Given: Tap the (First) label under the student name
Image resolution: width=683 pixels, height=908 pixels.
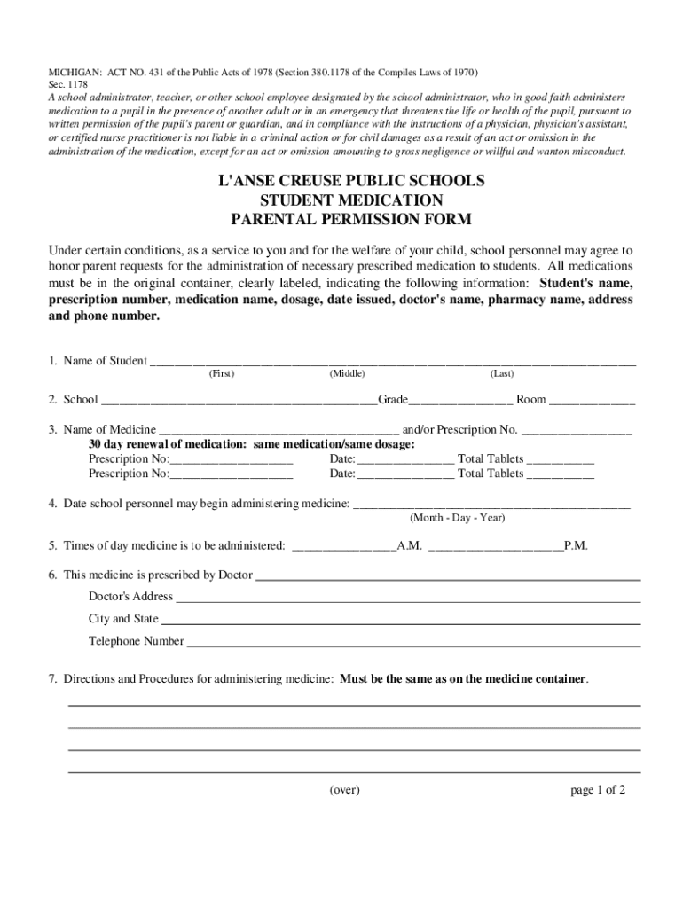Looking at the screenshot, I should (222, 374).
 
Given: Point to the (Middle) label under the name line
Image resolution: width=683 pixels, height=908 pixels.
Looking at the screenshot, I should (348, 374).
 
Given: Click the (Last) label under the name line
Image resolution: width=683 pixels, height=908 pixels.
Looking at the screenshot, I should (502, 374).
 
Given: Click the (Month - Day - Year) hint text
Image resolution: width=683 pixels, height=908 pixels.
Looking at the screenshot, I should (457, 518).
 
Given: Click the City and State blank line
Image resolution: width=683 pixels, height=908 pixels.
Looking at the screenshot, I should (400, 621).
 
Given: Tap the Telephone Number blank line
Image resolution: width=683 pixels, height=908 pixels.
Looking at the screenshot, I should (412, 643).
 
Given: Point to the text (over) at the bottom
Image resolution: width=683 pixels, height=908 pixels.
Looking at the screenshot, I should (344, 789).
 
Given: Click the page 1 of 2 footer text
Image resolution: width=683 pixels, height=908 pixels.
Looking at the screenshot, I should (598, 789).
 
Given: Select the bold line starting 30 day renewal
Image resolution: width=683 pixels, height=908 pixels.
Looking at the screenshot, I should (251, 444).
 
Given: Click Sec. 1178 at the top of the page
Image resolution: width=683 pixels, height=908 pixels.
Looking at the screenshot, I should (67, 84).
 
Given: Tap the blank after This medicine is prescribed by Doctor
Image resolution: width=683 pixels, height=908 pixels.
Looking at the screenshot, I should (448, 576).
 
